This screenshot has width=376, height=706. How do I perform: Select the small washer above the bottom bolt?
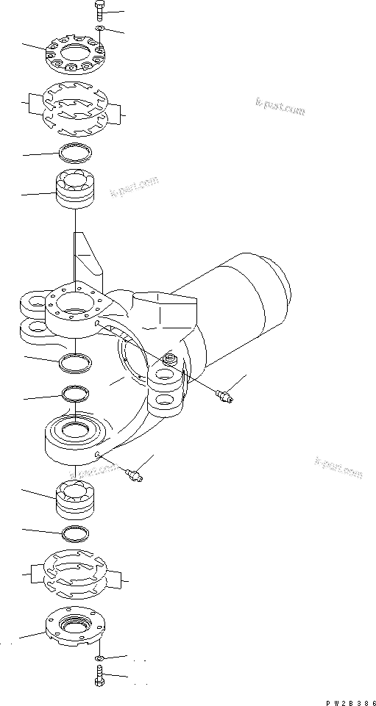100,657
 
